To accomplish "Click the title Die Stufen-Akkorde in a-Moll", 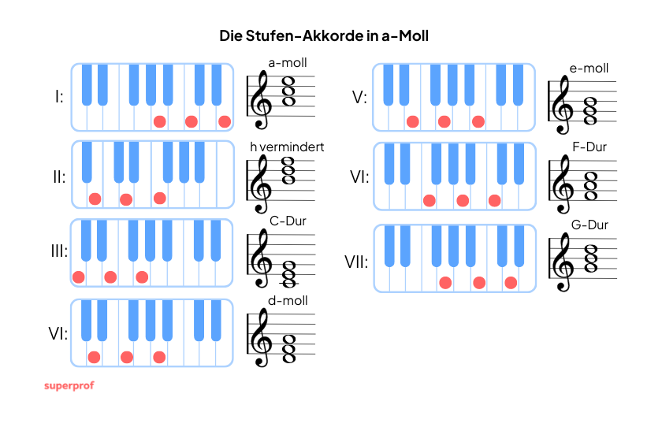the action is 324,36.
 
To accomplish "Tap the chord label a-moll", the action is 288,63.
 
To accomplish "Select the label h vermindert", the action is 287,147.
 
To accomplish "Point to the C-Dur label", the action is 288,221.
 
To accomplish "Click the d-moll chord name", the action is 288,301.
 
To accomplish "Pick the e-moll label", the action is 589,69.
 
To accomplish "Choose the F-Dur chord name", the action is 589,147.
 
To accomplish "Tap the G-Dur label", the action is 589,225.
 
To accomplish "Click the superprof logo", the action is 69,386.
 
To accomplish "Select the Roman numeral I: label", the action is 59,97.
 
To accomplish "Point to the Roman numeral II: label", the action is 59,177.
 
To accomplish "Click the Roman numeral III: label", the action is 59,251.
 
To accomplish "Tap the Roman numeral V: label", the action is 359,98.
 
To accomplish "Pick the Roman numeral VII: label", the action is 356,262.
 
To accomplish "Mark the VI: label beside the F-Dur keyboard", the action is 359,177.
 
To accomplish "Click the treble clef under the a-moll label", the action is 261,99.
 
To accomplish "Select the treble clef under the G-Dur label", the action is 563,262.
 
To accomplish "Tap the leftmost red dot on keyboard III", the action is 79,277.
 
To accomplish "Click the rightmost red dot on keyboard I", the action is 225,121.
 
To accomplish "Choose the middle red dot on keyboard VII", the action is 479,283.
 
